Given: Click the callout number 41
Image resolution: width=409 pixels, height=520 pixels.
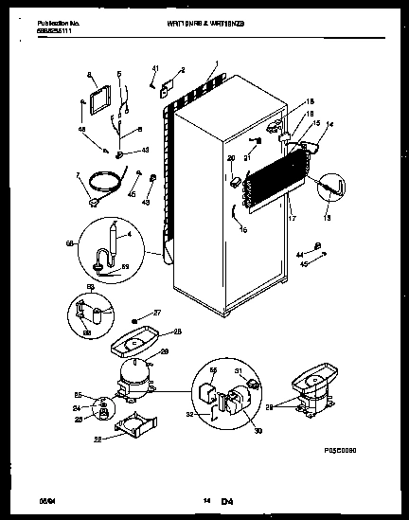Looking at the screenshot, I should point(154,67).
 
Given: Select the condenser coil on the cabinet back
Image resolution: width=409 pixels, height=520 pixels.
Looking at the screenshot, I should point(279,174).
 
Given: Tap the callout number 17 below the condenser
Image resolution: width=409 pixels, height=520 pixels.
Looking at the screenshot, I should point(291,219).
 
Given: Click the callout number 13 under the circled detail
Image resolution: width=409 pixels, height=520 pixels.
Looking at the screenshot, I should point(327,217).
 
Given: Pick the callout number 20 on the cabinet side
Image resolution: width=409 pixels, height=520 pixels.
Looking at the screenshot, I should point(231,157).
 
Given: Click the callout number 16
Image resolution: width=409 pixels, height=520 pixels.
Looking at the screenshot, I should point(242,229).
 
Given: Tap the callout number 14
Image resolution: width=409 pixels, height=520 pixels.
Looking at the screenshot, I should point(329,124).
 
